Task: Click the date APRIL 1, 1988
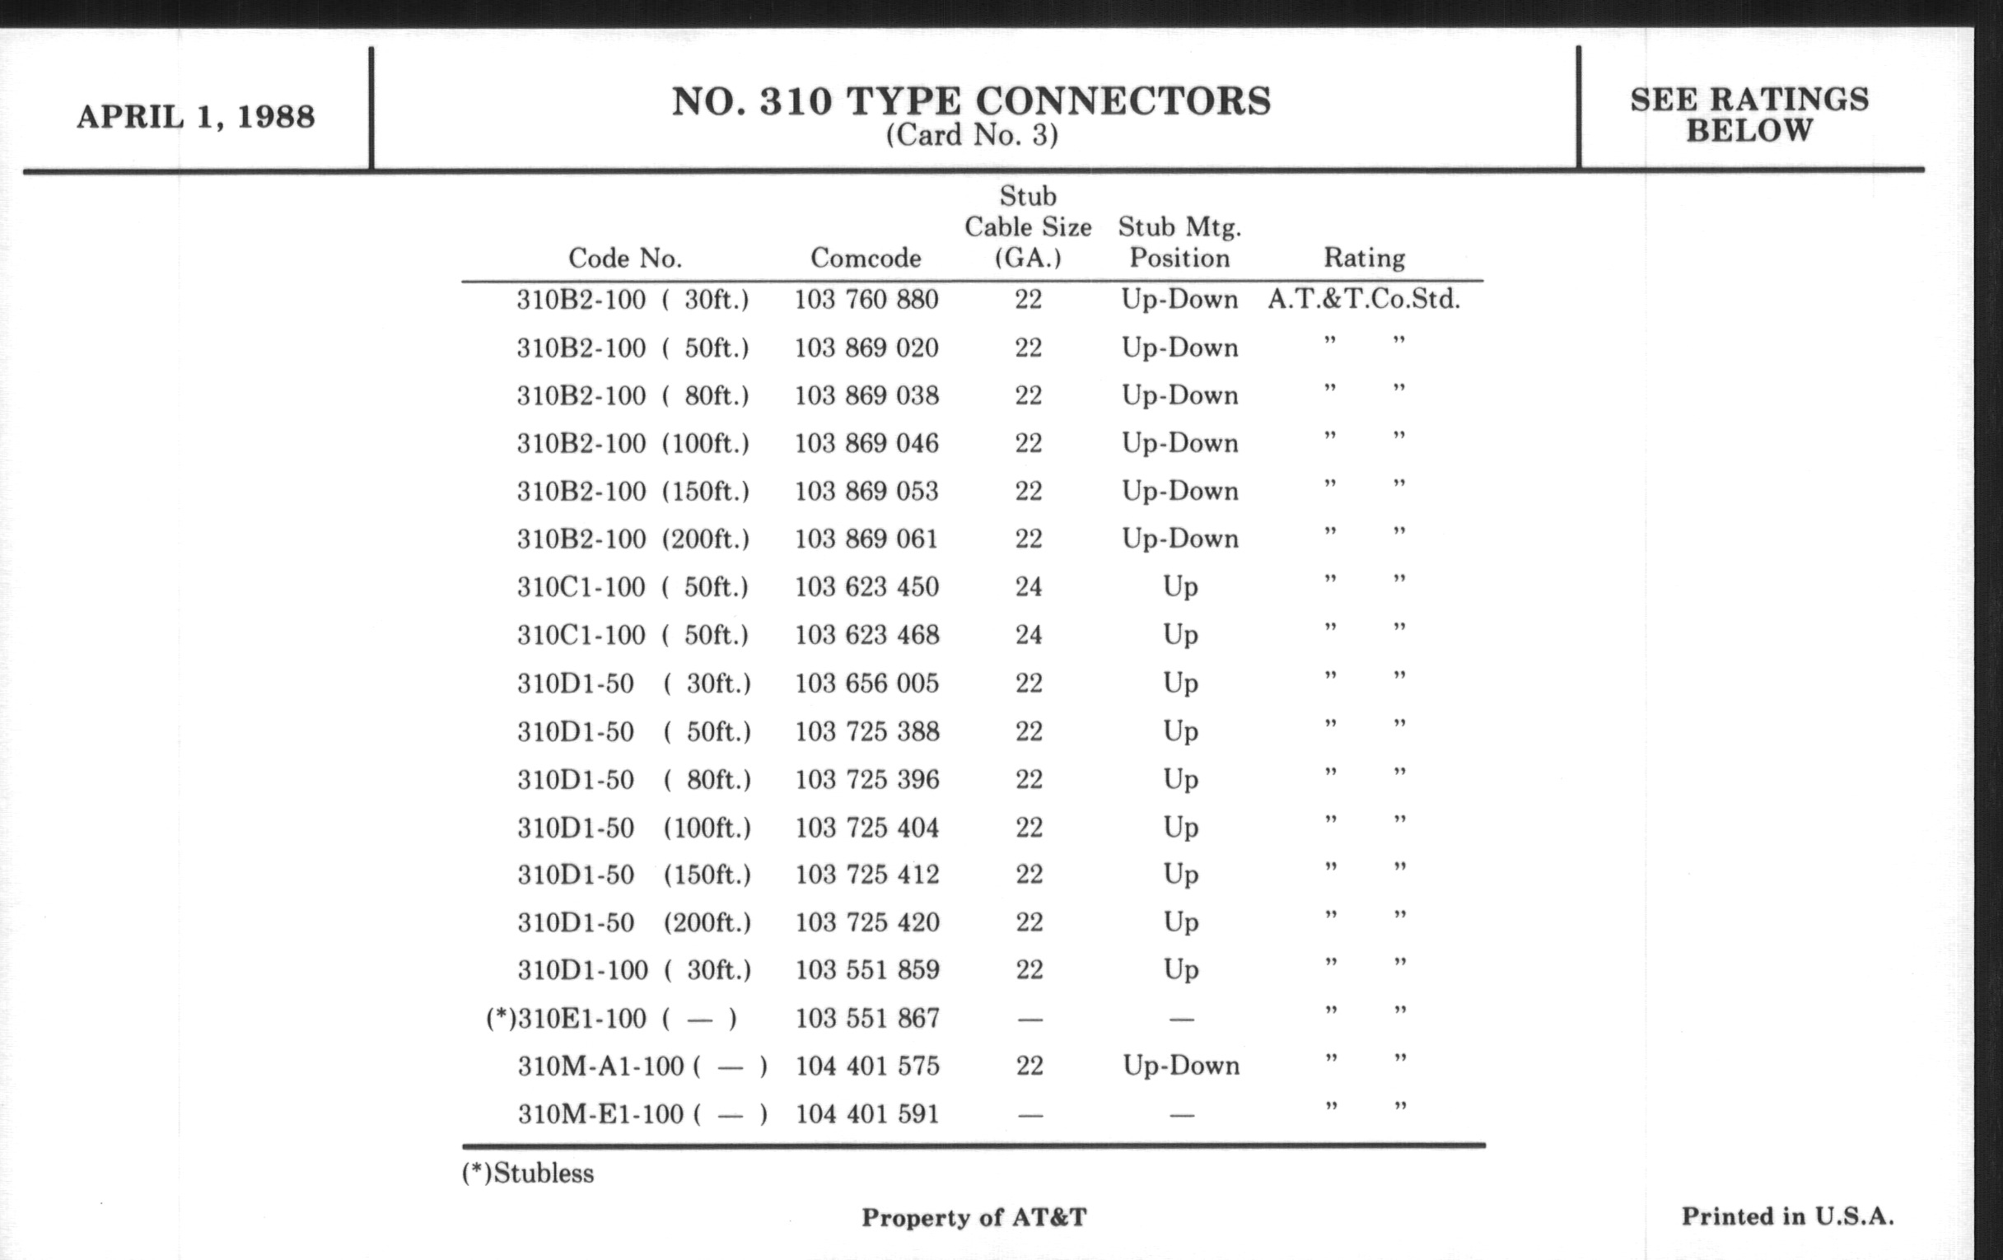pyautogui.click(x=195, y=116)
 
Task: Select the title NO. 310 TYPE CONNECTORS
pyautogui.click(x=971, y=101)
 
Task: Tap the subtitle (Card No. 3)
pyautogui.click(x=971, y=135)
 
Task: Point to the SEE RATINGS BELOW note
pyautogui.click(x=1749, y=114)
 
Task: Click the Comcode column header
pyautogui.click(x=865, y=258)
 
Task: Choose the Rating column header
pyautogui.click(x=1363, y=258)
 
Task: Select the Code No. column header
pyautogui.click(x=624, y=258)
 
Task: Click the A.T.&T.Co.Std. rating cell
pyautogui.click(x=1363, y=300)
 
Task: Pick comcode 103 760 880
pyautogui.click(x=866, y=300)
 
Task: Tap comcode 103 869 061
pyautogui.click(x=866, y=539)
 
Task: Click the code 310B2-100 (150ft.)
pyautogui.click(x=633, y=492)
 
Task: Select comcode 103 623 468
pyautogui.click(x=866, y=636)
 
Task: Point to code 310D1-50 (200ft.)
pyautogui.click(x=633, y=922)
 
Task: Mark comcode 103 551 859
pyautogui.click(x=866, y=970)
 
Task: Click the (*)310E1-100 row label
pyautogui.click(x=611, y=1018)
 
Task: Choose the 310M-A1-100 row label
pyautogui.click(x=642, y=1066)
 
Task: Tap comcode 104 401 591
pyautogui.click(x=866, y=1113)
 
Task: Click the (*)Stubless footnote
pyautogui.click(x=527, y=1174)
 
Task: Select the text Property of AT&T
pyautogui.click(x=973, y=1217)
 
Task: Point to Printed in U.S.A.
pyautogui.click(x=1786, y=1216)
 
